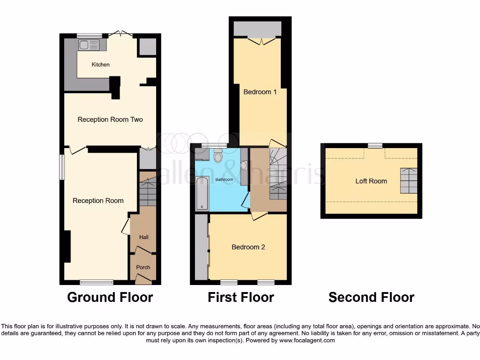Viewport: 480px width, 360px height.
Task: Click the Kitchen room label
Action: (100, 64)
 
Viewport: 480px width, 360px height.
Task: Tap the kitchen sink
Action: (89, 45)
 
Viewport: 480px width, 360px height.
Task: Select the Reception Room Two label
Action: (110, 120)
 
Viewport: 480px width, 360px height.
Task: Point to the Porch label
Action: (143, 267)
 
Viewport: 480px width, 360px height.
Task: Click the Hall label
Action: (144, 237)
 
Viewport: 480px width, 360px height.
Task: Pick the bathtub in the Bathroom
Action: (202, 193)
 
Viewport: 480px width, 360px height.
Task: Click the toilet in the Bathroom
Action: (217, 156)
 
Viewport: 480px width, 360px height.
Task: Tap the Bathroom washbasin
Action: (244, 165)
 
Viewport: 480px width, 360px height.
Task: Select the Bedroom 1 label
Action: (260, 92)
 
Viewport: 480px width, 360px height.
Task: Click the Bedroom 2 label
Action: (248, 247)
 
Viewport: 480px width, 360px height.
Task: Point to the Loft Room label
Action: (371, 181)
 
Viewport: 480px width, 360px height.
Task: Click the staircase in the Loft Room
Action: (408, 180)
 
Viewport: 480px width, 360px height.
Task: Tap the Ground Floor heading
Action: (110, 297)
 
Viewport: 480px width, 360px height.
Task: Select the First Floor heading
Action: (241, 297)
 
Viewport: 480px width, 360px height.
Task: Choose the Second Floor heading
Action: (371, 297)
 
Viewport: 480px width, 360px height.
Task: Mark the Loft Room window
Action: (375, 146)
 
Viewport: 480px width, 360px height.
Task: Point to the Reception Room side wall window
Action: (61, 167)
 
